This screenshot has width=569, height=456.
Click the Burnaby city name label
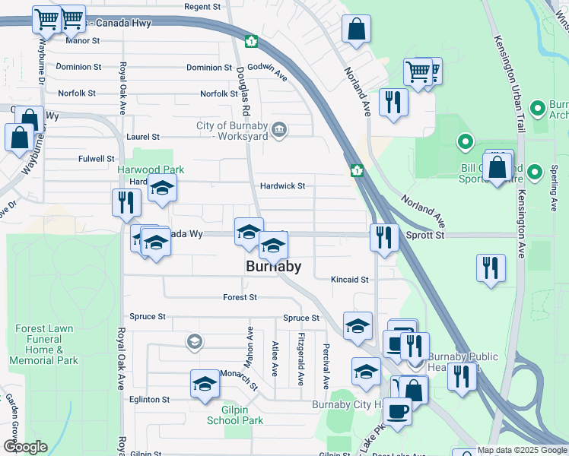click(274, 267)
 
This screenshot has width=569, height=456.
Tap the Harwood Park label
click(141, 169)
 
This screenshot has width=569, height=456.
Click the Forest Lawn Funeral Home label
click(44, 344)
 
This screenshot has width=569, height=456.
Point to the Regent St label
click(202, 6)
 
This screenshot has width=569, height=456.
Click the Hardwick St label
click(282, 185)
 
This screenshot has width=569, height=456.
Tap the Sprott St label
click(428, 236)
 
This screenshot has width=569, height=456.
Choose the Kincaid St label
click(349, 280)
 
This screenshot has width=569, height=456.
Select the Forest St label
click(240, 297)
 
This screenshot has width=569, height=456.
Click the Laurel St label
click(143, 137)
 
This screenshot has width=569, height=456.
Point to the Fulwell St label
click(96, 159)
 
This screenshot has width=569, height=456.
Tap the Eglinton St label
click(149, 399)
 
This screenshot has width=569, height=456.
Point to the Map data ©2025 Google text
click(522, 451)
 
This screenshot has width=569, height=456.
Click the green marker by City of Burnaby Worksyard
click(279, 131)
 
